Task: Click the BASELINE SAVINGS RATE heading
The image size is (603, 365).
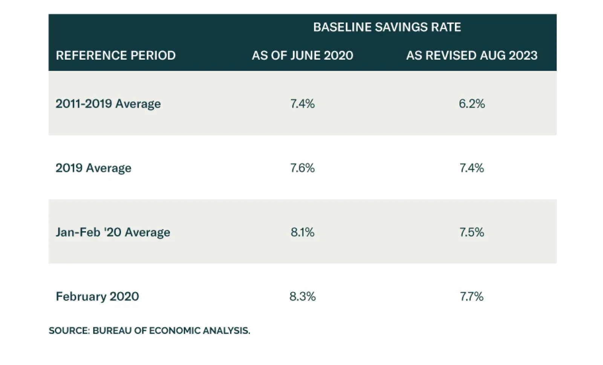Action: pyautogui.click(x=387, y=27)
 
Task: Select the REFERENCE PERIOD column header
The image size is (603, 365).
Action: pyautogui.click(x=116, y=55)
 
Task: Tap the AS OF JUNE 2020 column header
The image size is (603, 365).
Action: pyautogui.click(x=302, y=55)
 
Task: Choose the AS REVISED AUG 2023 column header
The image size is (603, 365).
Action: pyautogui.click(x=471, y=55)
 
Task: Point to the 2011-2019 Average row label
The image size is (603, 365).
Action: pyautogui.click(x=108, y=104)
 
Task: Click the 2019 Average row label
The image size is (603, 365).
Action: pyautogui.click(x=93, y=168)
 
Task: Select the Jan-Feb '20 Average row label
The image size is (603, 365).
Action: pyautogui.click(x=113, y=232)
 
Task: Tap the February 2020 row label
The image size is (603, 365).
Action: pyautogui.click(x=97, y=296)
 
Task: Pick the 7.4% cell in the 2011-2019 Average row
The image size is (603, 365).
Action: pyautogui.click(x=302, y=104)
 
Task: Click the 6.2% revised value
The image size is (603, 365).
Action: pyautogui.click(x=471, y=104)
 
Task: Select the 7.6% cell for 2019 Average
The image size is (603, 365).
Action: pyautogui.click(x=302, y=168)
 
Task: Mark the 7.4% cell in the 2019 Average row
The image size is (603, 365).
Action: pyautogui.click(x=471, y=168)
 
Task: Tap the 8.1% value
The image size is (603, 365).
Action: pyautogui.click(x=302, y=232)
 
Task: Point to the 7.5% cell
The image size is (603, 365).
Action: pyautogui.click(x=471, y=232)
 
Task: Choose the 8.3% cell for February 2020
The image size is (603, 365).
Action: pyautogui.click(x=302, y=296)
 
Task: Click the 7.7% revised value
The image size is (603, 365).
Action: pyautogui.click(x=471, y=296)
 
